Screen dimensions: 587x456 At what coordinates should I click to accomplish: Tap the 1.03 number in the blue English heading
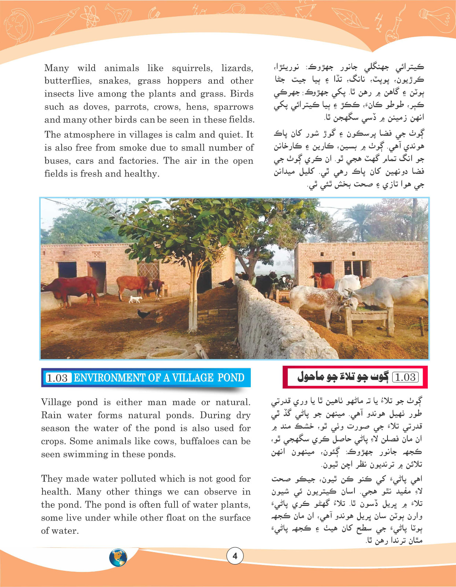point(57,378)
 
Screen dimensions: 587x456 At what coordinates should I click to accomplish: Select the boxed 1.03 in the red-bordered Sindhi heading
point(405,377)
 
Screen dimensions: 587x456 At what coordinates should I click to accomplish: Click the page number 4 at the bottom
point(235,556)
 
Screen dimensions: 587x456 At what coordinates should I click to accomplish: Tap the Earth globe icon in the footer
point(118,558)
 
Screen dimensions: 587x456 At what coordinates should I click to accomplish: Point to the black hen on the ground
point(143,314)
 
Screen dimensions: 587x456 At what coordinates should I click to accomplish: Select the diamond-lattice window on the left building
point(148,270)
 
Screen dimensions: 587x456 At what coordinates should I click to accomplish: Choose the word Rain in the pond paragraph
point(51,415)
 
